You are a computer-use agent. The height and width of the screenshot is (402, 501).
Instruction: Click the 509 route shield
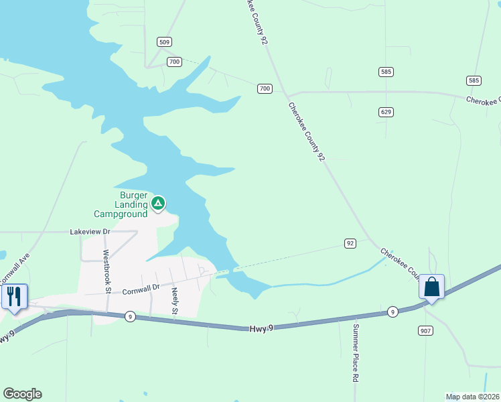(x=164, y=42)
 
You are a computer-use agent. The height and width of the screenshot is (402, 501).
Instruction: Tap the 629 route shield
(x=385, y=112)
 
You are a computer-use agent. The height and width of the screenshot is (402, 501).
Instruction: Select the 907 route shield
(x=426, y=330)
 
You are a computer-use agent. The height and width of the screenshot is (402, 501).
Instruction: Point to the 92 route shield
(x=350, y=243)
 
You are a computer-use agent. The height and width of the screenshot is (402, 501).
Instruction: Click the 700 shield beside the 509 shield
(x=174, y=62)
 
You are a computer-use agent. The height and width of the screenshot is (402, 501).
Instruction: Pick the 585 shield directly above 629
(x=385, y=72)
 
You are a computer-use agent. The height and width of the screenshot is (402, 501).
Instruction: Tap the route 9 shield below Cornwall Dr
(x=130, y=316)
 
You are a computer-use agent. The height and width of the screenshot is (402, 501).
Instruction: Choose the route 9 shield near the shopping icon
(x=392, y=312)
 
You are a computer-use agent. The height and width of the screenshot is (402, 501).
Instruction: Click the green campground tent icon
(x=157, y=202)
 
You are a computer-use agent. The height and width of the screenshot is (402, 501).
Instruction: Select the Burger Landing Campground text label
(x=121, y=205)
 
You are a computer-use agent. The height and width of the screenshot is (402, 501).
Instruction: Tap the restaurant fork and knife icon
(x=14, y=295)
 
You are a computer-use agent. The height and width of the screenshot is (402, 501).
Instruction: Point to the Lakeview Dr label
(x=90, y=231)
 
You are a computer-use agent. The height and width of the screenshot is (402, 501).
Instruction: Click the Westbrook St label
(x=106, y=271)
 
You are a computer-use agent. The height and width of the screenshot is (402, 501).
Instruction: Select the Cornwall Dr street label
(x=142, y=288)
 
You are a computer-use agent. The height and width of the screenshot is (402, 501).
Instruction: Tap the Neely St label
(x=174, y=301)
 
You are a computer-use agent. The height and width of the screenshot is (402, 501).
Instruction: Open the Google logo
(x=22, y=394)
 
